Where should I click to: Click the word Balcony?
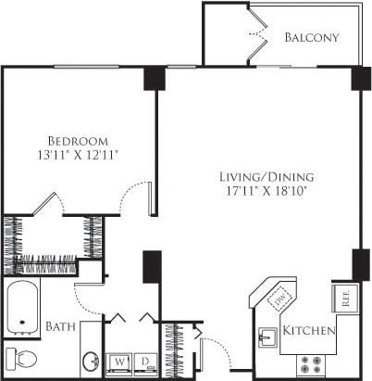coord(311,38)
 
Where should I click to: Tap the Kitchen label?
coord(309,331)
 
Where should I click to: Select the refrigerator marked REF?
coord(343,299)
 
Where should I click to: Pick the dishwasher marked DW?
coord(279,298)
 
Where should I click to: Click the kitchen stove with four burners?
coord(313,362)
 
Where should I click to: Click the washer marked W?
coord(120,361)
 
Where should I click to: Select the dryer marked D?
coord(145,361)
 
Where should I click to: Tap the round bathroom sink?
coord(91,360)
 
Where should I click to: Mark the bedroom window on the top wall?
coord(86,67)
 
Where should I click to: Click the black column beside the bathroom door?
coord(152,268)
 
